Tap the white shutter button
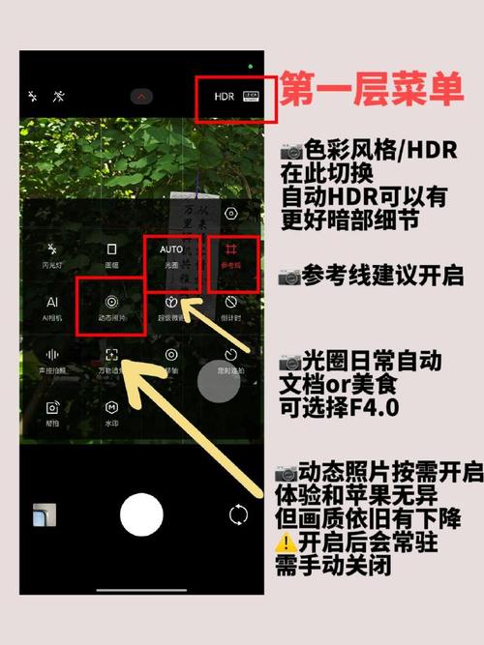(x=141, y=513)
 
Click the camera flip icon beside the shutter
(x=238, y=513)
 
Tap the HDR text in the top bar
(x=225, y=97)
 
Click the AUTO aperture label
(x=171, y=249)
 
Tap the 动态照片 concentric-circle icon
(x=112, y=303)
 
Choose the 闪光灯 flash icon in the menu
(x=51, y=249)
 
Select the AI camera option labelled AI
(x=52, y=303)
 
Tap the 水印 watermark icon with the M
(x=112, y=407)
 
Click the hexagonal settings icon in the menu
(x=230, y=214)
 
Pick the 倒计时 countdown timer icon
(x=231, y=303)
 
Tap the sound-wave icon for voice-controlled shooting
(x=52, y=355)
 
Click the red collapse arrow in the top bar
(x=142, y=97)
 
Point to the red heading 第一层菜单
(x=372, y=93)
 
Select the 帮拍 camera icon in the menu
(x=52, y=407)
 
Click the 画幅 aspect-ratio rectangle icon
(x=112, y=249)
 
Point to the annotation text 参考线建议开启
(x=378, y=277)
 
